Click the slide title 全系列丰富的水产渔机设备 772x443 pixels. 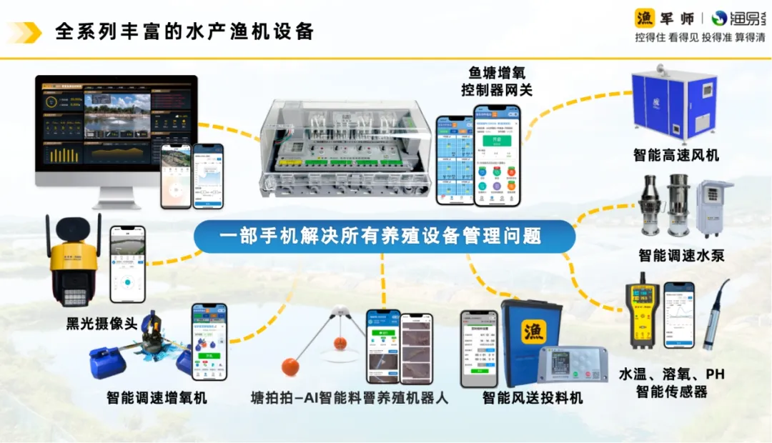point(184,32)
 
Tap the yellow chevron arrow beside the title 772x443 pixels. point(26,32)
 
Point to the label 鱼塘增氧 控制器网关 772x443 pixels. point(496,81)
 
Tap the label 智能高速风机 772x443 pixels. point(675,155)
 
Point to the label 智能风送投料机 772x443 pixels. point(533,398)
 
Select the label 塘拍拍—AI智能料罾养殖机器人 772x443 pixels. point(350,398)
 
